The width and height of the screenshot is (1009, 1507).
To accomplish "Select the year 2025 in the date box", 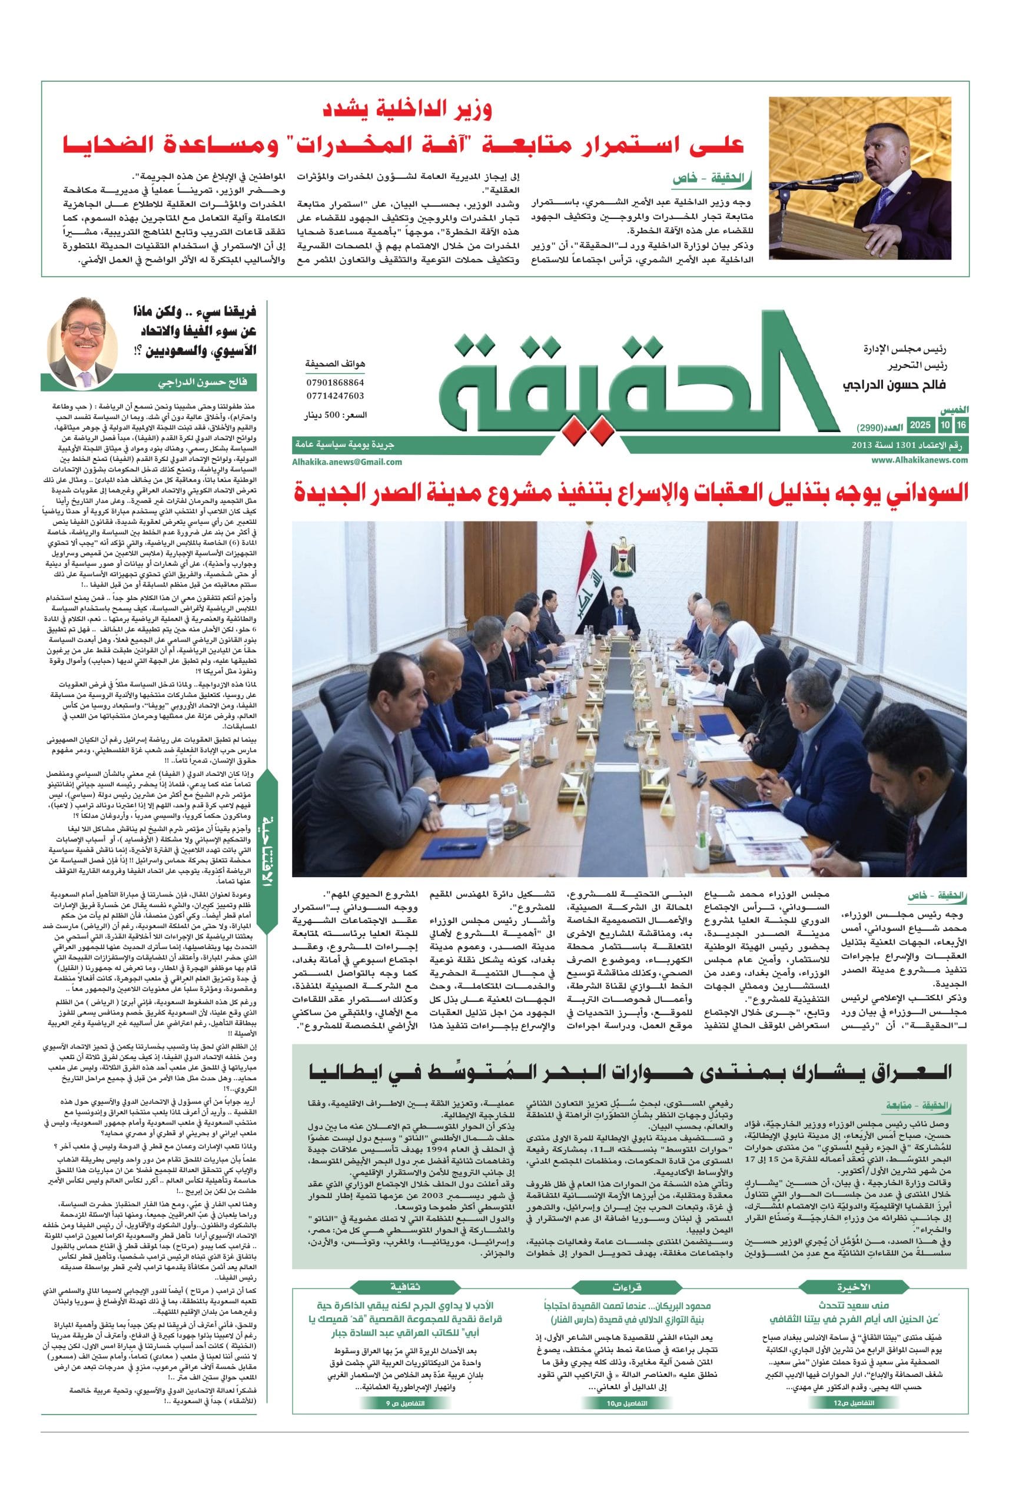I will [921, 426].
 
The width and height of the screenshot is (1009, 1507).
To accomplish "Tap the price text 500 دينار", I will [334, 416].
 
